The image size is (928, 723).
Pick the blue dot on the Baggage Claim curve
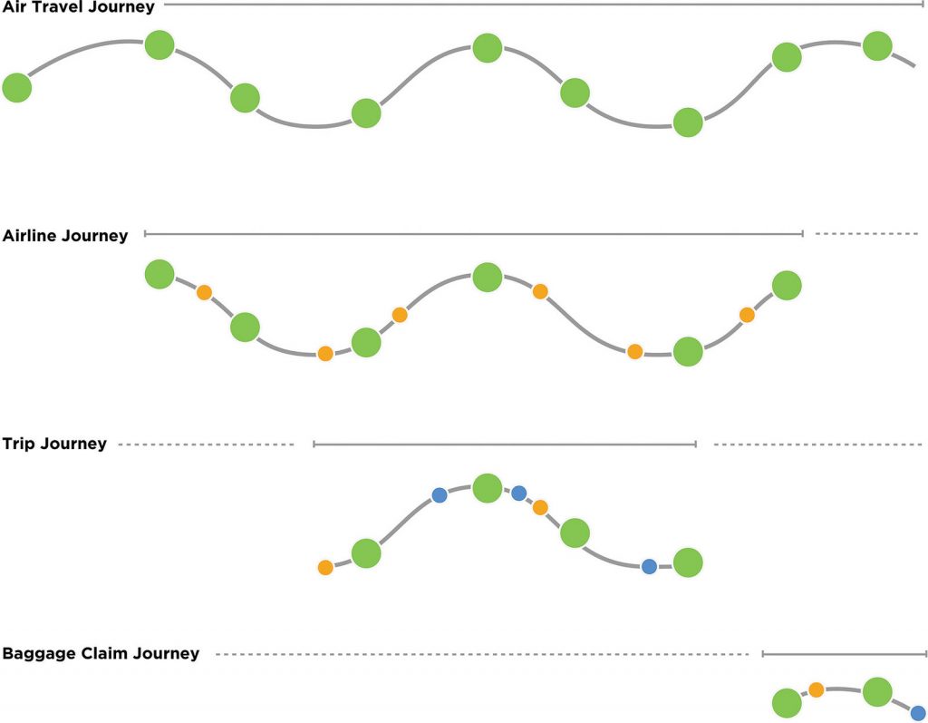point(917,712)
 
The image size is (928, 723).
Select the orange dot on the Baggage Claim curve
point(816,690)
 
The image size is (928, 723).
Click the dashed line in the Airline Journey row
point(866,234)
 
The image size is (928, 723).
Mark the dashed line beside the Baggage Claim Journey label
point(481,654)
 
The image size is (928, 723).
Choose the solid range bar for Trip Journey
point(504,445)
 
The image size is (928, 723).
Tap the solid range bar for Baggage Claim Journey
point(844,653)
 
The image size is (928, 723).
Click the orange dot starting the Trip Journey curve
point(325,568)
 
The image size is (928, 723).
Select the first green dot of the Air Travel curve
point(16,88)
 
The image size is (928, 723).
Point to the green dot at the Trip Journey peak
point(488,488)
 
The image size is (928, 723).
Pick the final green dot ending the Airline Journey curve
point(787,285)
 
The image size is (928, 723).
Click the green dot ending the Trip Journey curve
point(688,562)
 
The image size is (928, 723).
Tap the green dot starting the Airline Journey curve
point(159,273)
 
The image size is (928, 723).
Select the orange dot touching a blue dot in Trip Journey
point(540,507)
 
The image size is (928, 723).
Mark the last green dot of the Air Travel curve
point(877,45)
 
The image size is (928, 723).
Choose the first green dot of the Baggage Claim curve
point(787,702)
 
